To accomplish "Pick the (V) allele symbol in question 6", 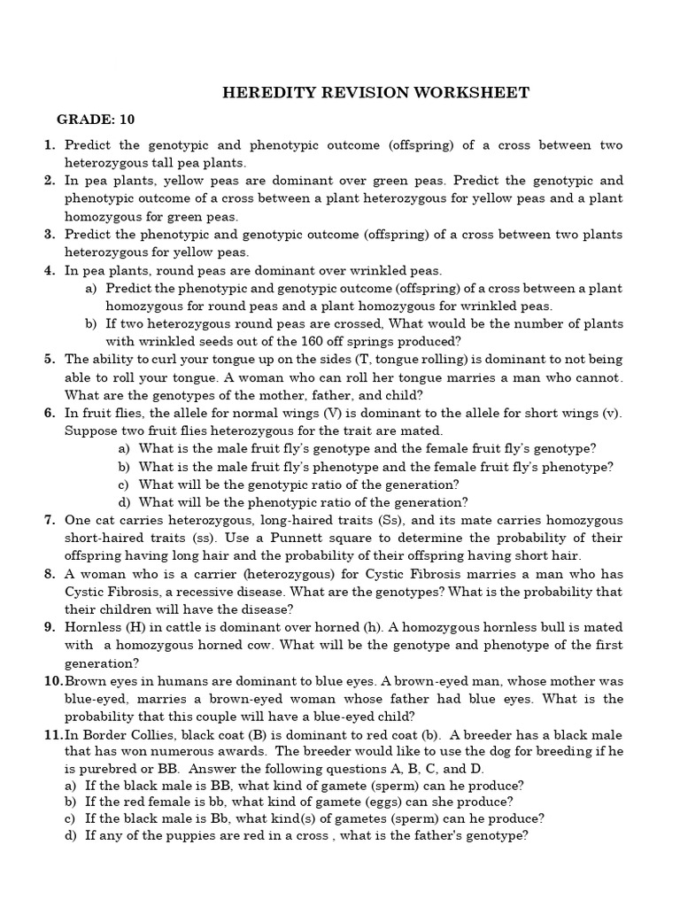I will (347, 413).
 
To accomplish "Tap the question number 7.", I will (50, 520).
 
